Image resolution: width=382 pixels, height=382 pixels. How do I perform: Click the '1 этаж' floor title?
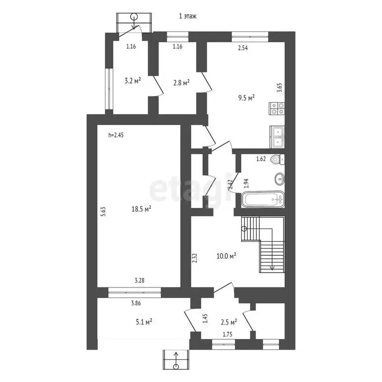click(188, 16)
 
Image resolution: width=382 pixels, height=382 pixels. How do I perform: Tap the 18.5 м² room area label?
click(141, 209)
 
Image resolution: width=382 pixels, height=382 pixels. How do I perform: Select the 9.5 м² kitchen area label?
click(246, 97)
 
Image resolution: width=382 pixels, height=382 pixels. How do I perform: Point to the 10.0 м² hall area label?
click(227, 256)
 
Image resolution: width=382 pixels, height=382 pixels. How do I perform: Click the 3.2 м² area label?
click(132, 80)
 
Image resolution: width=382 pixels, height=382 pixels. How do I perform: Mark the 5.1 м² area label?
click(143, 322)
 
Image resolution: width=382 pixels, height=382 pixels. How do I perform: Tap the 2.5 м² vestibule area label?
click(229, 322)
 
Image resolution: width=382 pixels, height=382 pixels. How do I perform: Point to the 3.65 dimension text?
click(279, 88)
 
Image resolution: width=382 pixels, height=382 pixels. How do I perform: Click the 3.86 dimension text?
click(136, 303)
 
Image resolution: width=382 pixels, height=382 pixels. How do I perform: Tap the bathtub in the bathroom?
click(263, 200)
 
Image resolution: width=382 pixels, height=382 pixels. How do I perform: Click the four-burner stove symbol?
click(277, 108)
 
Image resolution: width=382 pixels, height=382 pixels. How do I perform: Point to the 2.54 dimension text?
click(243, 48)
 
